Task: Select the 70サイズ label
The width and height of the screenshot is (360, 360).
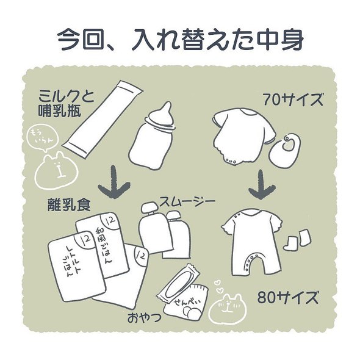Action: (x=291, y=99)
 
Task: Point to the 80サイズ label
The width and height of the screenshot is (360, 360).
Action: (x=287, y=298)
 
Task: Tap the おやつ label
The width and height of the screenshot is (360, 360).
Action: (x=145, y=318)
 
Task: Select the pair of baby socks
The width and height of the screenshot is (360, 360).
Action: (x=297, y=239)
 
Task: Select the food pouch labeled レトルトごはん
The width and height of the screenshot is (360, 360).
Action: (x=75, y=264)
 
